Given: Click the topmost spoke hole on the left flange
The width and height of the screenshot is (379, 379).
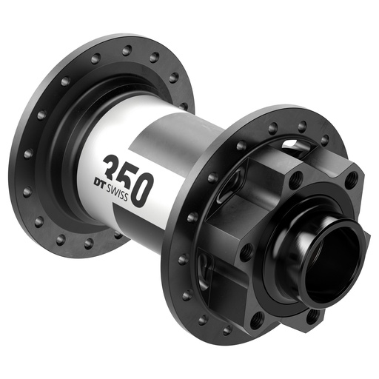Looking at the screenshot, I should point(127,50).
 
